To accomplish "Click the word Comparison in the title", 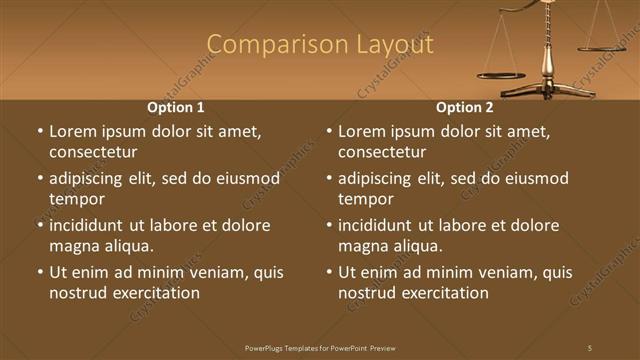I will click(266, 45).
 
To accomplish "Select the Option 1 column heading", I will click(176, 107).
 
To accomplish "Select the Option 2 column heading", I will click(465, 107).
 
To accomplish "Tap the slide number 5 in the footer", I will click(590, 347).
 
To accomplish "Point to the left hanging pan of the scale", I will click(501, 74).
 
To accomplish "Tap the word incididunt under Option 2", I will click(380, 225).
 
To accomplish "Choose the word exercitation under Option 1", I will click(156, 293).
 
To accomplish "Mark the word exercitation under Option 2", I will click(445, 293).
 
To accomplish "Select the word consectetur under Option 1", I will click(93, 152).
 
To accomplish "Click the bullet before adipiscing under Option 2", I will click(329, 178).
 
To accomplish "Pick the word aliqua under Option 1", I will click(126, 246).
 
